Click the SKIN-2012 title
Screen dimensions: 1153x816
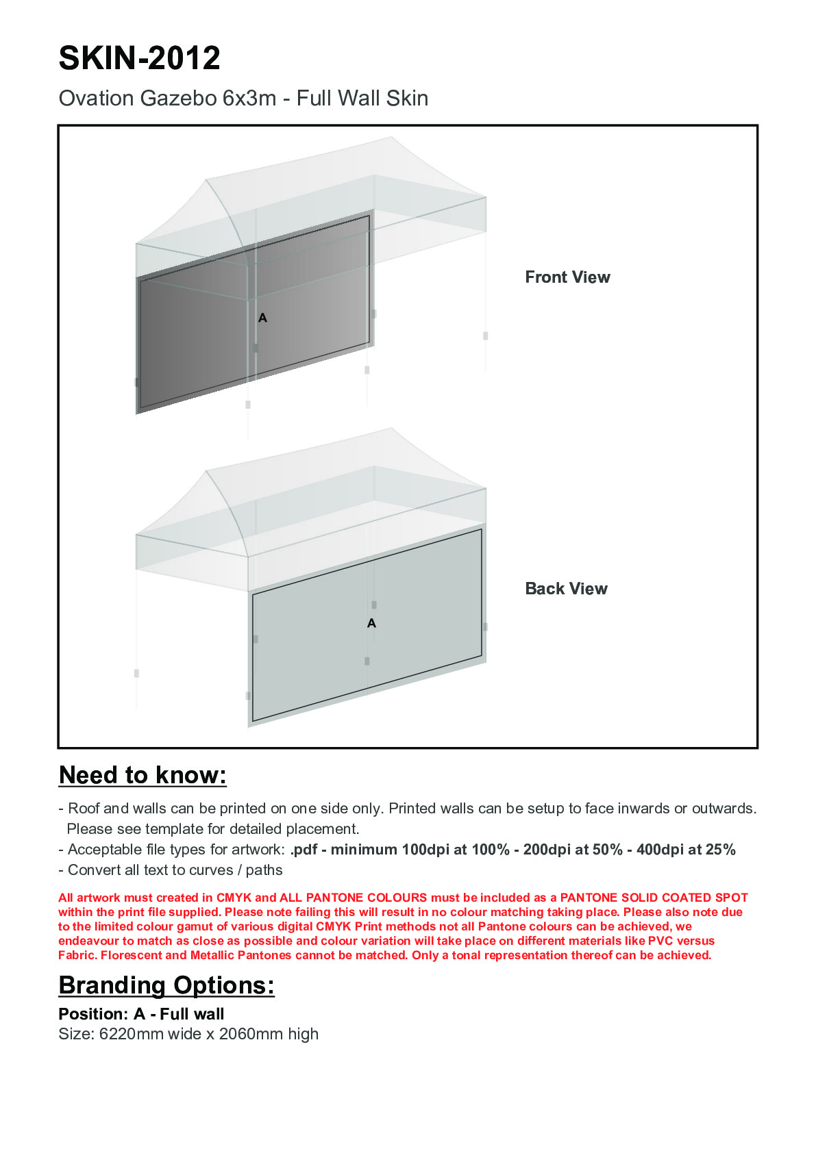(x=139, y=58)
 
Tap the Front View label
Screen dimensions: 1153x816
(x=567, y=277)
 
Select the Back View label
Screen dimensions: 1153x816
(x=566, y=589)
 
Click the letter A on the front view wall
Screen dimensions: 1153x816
(x=262, y=318)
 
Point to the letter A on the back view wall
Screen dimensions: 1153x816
(x=371, y=623)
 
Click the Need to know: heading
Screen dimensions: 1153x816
(x=143, y=775)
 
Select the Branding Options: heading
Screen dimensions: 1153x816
(x=166, y=985)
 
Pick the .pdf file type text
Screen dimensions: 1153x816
(x=304, y=850)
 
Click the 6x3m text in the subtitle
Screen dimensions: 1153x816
(x=249, y=99)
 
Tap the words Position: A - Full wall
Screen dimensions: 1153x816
(x=141, y=1014)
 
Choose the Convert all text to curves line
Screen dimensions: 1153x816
(x=175, y=870)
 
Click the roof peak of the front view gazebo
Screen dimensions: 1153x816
(x=392, y=139)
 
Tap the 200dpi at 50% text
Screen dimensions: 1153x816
(x=573, y=850)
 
